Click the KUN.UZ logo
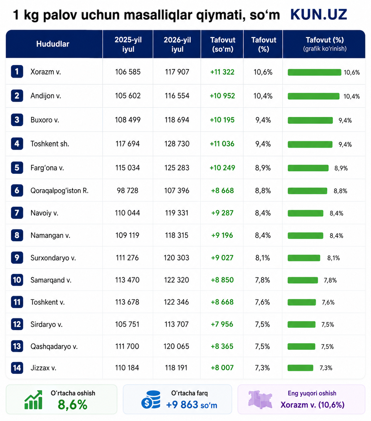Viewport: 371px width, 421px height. coord(318,15)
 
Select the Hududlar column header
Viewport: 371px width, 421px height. coord(53,44)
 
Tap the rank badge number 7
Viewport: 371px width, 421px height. coord(17,213)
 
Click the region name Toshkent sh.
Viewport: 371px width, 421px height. coord(50,144)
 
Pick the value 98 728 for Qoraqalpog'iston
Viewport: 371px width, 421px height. coord(128,190)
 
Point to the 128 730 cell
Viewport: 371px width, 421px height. coord(177,144)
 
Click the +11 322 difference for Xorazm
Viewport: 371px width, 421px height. coord(222,72)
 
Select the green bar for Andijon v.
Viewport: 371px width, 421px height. coord(314,96)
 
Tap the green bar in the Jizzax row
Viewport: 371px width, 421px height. coord(300,368)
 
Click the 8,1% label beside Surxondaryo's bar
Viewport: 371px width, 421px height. coord(334,258)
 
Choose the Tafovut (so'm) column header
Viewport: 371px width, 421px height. coord(223,44)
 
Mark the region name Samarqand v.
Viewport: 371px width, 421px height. coord(51,280)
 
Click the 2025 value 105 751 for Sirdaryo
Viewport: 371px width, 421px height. coord(127,324)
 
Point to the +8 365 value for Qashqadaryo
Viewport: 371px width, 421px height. coord(222,346)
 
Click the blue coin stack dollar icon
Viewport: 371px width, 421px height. coord(151,400)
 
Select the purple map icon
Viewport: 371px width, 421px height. coord(260,399)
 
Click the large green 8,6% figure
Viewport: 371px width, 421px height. coord(72,405)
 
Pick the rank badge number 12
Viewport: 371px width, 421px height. coord(17,324)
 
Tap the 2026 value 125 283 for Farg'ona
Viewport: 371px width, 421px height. coord(177,168)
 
